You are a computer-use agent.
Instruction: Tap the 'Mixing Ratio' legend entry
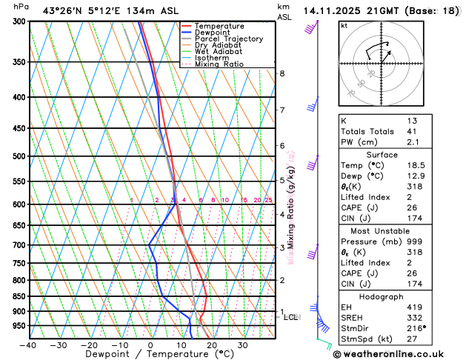[219, 64]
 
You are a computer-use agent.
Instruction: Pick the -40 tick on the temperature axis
[28, 345]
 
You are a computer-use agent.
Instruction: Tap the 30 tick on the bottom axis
[242, 345]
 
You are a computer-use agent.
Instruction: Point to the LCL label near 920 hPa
[291, 317]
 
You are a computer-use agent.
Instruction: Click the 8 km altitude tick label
[282, 73]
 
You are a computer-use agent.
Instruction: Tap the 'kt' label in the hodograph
[344, 26]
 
